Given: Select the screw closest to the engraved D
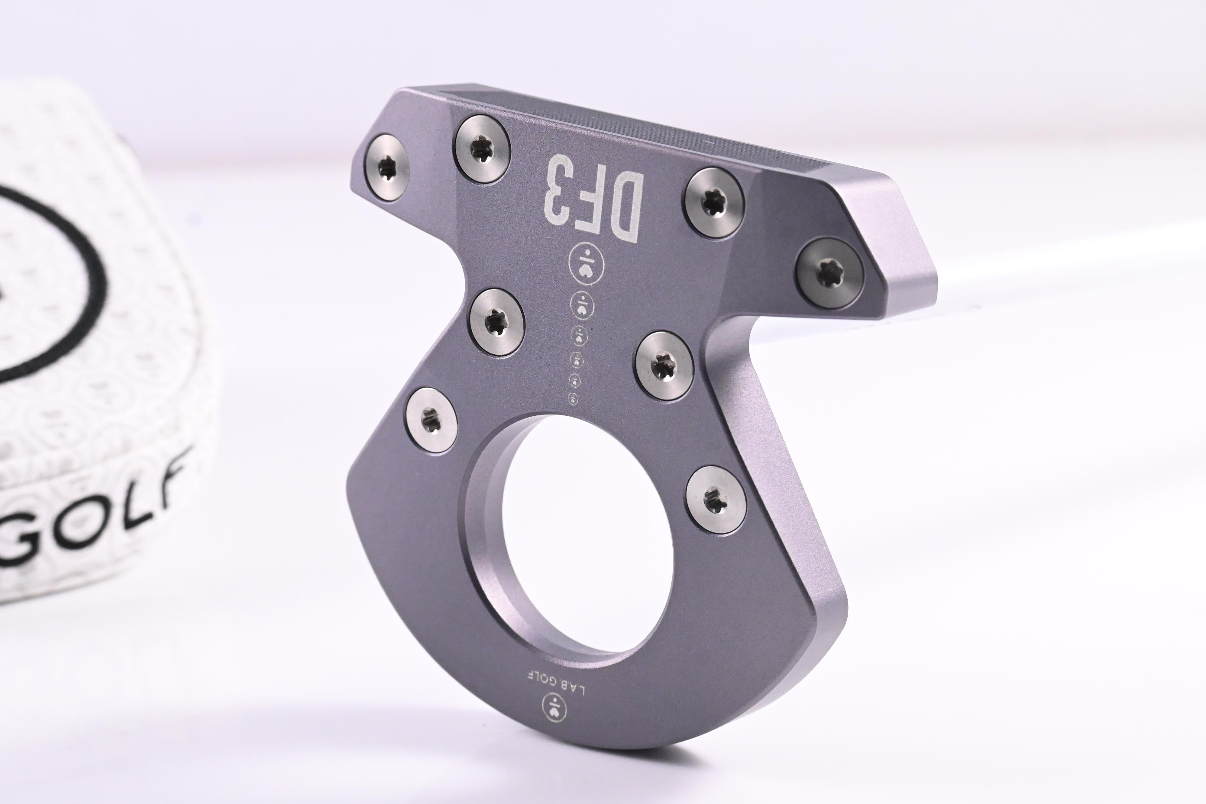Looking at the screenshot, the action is (x=713, y=203).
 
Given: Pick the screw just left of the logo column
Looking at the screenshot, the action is (x=497, y=321).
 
